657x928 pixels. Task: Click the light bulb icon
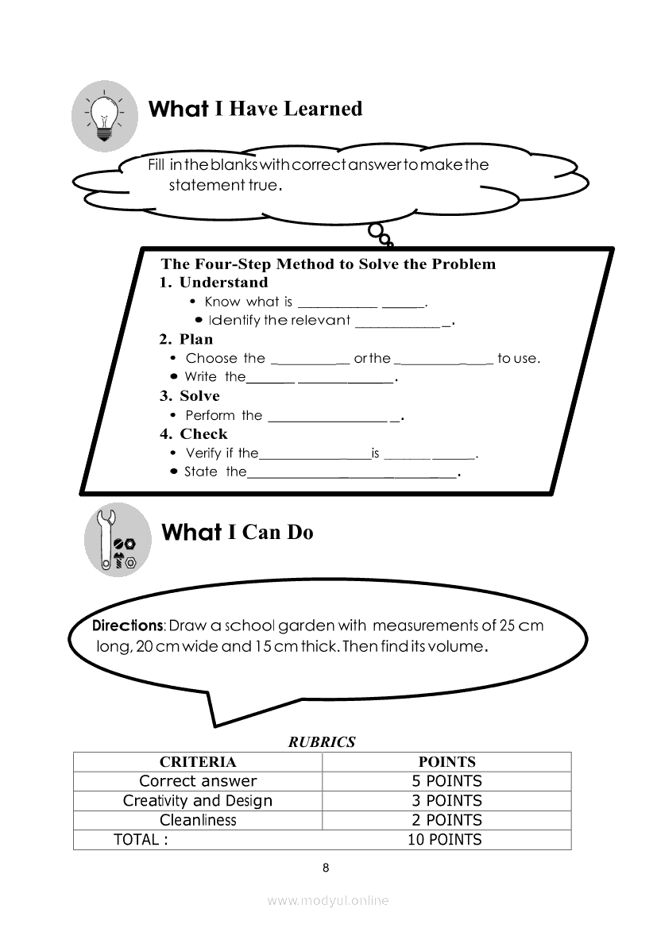click(103, 117)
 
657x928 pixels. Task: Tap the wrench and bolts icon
click(117, 540)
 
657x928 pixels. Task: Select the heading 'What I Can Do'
click(237, 532)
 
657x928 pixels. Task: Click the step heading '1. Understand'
click(214, 283)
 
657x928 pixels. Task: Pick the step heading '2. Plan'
click(186, 340)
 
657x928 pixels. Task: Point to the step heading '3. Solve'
click(189, 396)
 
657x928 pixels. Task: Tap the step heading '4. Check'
click(193, 434)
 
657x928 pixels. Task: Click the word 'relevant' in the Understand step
click(320, 321)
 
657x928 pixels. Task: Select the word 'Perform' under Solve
click(211, 415)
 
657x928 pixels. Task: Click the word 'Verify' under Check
click(203, 453)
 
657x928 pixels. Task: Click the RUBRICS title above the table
click(322, 743)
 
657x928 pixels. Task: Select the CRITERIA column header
click(198, 762)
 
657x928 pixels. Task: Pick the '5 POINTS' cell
click(446, 781)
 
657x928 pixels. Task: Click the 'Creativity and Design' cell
click(198, 801)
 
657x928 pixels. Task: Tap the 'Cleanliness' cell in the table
click(198, 820)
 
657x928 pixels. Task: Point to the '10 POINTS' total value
click(445, 840)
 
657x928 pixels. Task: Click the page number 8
click(326, 868)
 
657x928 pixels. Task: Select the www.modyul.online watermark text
click(328, 901)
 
